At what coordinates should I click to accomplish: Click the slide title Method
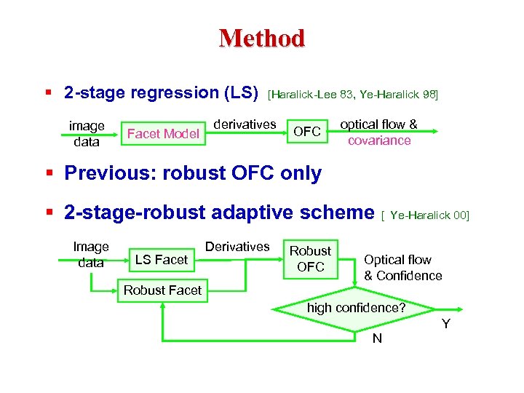261,38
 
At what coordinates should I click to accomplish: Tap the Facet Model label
163,133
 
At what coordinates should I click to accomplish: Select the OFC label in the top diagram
306,132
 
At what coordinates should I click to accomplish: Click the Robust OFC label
311,258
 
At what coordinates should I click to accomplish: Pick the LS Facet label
162,259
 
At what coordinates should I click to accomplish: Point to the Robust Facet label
162,290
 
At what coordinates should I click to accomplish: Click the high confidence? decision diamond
356,308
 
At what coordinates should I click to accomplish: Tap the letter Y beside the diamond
445,323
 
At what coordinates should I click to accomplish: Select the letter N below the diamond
377,338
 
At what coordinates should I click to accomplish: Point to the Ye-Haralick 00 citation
429,215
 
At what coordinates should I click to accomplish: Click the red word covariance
379,140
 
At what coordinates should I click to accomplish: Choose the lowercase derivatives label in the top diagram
245,124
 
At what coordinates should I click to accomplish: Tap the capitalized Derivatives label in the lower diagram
237,247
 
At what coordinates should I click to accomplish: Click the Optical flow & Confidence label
402,267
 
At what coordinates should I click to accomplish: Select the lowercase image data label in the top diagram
87,133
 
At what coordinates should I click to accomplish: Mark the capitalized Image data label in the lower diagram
91,255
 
